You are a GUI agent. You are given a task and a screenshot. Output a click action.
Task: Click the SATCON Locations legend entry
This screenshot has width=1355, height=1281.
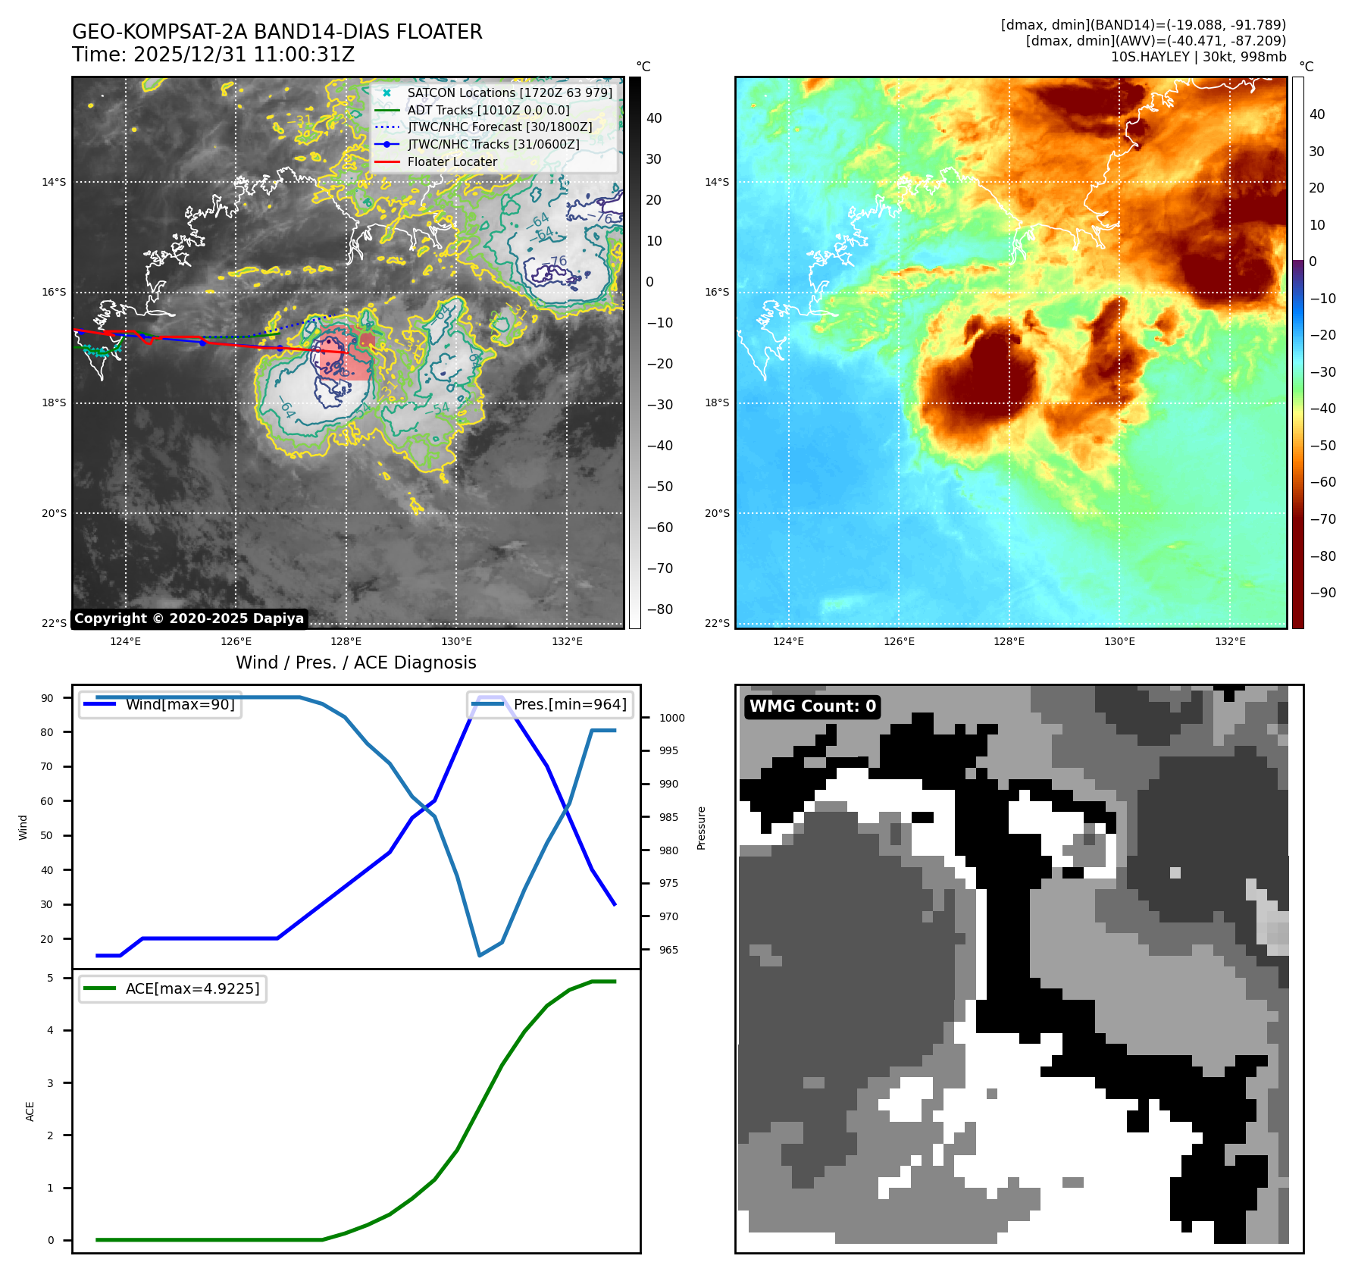coord(509,93)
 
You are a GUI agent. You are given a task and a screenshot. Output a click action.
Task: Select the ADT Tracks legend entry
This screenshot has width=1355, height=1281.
coord(488,111)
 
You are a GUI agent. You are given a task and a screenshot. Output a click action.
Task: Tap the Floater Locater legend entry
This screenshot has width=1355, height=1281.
coord(452,162)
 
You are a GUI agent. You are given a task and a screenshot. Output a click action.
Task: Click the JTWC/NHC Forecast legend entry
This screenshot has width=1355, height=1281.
coord(499,127)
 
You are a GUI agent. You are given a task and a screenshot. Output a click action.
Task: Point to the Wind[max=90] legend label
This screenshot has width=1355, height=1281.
coord(180,705)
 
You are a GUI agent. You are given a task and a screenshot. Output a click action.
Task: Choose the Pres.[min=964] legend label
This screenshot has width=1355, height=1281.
coord(570,705)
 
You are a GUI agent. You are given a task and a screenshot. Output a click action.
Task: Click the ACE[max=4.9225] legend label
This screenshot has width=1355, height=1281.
coord(192,989)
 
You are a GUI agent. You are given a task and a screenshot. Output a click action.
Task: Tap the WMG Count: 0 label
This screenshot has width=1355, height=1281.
coord(812,706)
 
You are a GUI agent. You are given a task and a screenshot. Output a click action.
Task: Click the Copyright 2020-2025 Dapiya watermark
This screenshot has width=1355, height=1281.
coord(189,619)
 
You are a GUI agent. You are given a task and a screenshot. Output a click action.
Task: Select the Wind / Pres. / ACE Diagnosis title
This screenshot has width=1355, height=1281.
coord(356,663)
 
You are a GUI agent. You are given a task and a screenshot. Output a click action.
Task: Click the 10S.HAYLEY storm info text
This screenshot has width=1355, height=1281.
coord(1198,57)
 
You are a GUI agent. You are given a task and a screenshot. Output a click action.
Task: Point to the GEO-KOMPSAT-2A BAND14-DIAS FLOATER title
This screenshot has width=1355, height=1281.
coord(277,33)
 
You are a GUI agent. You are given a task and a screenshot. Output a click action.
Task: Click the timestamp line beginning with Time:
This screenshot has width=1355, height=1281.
coord(214,55)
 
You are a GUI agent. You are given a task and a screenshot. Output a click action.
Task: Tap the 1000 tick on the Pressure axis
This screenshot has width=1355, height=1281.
coord(671,719)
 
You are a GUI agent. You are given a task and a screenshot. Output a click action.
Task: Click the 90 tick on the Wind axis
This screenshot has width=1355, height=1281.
coord(48,698)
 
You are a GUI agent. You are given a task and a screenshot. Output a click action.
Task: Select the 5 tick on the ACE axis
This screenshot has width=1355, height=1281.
coord(51,979)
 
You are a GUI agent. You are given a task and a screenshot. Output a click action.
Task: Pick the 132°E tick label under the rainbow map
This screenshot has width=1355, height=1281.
coord(1230,642)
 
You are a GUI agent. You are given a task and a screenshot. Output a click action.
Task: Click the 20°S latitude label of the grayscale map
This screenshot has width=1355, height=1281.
coord(54,514)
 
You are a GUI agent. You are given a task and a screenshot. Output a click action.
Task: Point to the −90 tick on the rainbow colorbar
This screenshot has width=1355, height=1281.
coord(1323,593)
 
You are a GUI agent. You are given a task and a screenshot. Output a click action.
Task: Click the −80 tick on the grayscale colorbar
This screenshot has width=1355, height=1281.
coord(659,609)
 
